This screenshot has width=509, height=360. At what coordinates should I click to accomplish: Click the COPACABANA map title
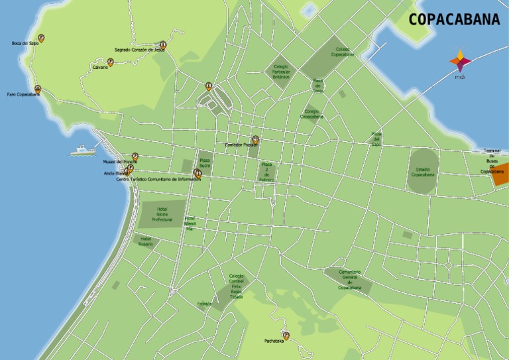click(x=454, y=20)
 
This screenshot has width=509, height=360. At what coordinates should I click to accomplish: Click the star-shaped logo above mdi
click(x=460, y=62)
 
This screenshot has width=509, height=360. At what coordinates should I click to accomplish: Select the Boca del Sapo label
click(x=25, y=43)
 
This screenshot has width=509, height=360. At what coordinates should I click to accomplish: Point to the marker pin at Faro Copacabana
click(x=38, y=89)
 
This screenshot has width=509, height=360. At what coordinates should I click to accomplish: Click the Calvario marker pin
click(x=110, y=62)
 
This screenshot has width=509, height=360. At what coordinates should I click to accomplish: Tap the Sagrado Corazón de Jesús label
click(x=139, y=50)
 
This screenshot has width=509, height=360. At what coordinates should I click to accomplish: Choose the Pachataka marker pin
click(x=286, y=335)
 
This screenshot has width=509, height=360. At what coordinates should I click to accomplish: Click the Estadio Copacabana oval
click(x=422, y=172)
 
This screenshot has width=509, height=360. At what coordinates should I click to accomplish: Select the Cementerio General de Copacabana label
click(x=349, y=279)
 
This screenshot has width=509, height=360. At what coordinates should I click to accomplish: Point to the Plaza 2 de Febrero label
click(x=266, y=172)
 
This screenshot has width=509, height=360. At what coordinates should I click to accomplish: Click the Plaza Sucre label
click(x=205, y=162)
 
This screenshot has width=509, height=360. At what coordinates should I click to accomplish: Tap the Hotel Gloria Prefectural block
click(x=162, y=214)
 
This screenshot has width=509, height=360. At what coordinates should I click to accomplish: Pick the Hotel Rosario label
click(x=146, y=241)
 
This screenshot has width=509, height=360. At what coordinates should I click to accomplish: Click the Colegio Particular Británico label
click(x=281, y=72)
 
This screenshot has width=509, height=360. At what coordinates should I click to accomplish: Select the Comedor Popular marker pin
click(x=255, y=139)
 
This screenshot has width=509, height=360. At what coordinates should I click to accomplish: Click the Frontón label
click(x=204, y=304)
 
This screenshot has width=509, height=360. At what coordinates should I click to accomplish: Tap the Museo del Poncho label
click(x=119, y=162)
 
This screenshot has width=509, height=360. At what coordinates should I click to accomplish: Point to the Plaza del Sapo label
click(x=376, y=139)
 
